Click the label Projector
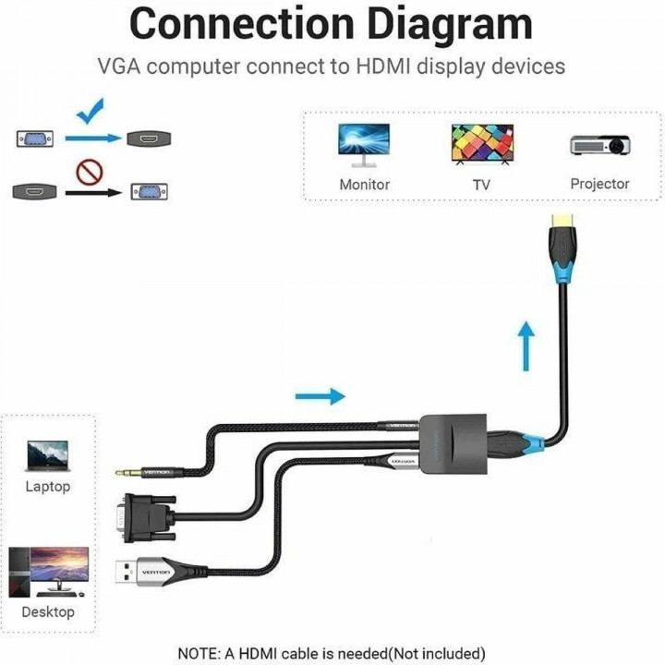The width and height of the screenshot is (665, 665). (x=599, y=184)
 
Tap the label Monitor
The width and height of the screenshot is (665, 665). (x=364, y=185)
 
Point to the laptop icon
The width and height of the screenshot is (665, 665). (x=47, y=454)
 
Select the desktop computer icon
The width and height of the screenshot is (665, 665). (x=48, y=572)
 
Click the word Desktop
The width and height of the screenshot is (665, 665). (x=48, y=611)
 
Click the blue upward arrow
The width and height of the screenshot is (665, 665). (x=526, y=345)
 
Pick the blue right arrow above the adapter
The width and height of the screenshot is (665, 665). (x=320, y=396)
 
